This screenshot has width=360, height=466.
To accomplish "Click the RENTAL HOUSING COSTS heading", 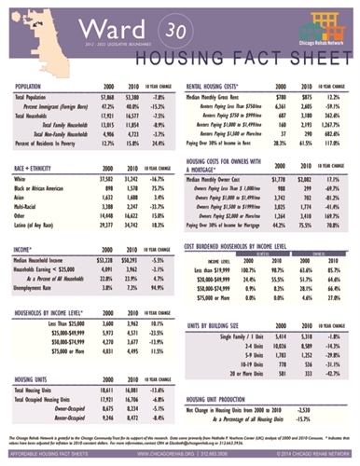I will coord(218,86).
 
